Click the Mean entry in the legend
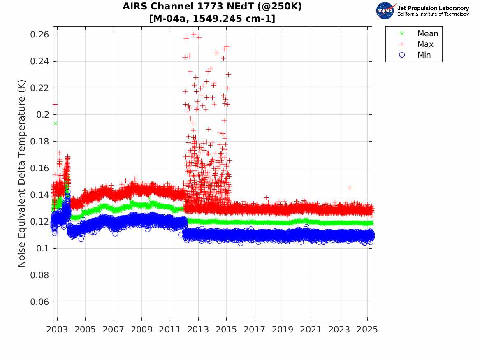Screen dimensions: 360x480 427,33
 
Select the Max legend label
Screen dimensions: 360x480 425,44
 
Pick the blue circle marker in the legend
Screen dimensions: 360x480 402,55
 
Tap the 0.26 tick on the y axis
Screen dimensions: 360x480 40,35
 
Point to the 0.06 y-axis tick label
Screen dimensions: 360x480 40,302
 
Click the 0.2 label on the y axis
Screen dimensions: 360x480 43,115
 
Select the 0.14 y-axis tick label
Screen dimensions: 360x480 40,195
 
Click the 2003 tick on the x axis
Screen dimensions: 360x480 57,330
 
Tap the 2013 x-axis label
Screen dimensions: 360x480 198,330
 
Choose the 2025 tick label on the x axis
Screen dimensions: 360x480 367,330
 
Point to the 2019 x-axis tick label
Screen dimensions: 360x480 283,330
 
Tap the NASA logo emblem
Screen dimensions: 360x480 385,11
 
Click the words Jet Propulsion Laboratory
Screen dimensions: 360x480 433,8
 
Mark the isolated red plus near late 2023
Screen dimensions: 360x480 350,188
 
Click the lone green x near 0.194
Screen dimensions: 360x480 55,123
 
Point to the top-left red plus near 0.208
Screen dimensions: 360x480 55,104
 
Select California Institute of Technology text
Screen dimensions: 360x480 433,14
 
